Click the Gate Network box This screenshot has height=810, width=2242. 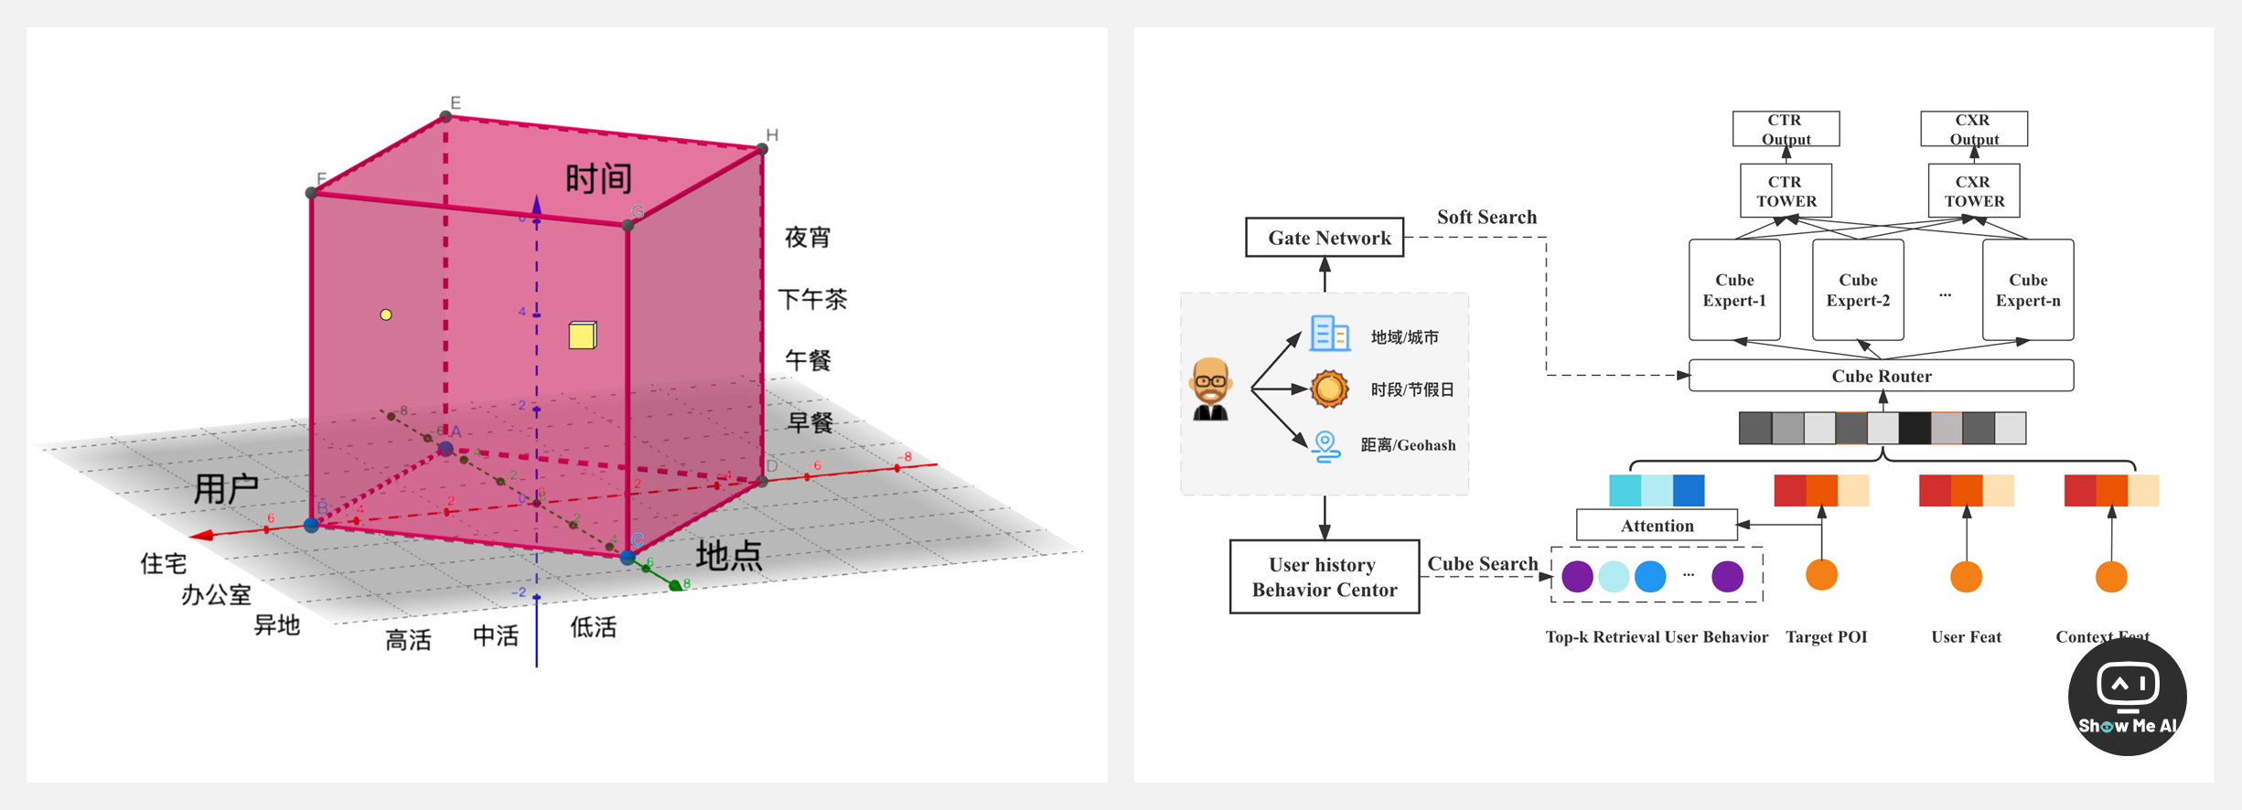[x=1325, y=238]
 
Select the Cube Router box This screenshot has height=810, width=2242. [x=1881, y=376]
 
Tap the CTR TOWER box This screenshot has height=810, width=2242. [x=1786, y=191]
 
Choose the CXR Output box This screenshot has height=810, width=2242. [x=1973, y=129]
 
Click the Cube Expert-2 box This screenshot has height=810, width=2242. [x=1858, y=290]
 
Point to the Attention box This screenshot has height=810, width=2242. [x=1657, y=526]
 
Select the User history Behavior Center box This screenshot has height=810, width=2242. [x=1324, y=577]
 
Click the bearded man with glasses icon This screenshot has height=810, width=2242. [x=1210, y=389]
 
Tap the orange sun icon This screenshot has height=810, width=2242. [x=1329, y=389]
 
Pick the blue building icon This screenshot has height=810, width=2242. [x=1329, y=334]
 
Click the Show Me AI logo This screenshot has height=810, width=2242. [x=2127, y=697]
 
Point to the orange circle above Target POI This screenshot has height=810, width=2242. [x=1821, y=575]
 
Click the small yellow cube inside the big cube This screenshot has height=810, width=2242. [x=583, y=336]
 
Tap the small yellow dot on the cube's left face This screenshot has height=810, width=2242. [x=386, y=314]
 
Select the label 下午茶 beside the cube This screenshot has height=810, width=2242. [x=811, y=299]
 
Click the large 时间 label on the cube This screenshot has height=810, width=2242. [x=598, y=178]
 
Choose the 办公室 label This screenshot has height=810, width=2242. [x=216, y=595]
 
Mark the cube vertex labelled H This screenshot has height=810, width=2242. [x=762, y=148]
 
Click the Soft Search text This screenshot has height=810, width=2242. [x=1486, y=218]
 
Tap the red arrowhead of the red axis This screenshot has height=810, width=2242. [x=202, y=535]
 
